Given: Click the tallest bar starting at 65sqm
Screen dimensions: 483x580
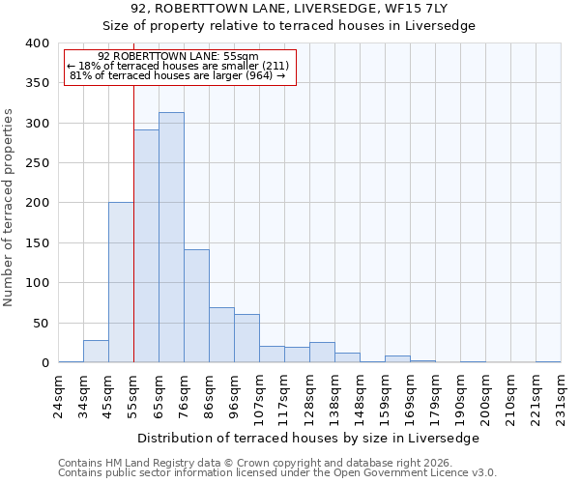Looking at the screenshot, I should coord(171,238).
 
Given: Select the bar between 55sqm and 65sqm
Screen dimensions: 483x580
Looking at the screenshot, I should coord(146,246).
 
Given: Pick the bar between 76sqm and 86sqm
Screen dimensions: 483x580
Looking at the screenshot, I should coord(196,306).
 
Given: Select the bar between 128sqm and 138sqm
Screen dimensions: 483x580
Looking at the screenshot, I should coord(322,353).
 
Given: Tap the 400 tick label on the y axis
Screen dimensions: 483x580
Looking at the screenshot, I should coord(37,43).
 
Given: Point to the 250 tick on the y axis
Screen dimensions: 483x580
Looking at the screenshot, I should coord(37,163).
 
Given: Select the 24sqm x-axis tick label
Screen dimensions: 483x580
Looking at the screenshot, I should coord(59,393).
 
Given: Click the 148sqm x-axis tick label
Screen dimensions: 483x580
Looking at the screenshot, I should coord(361,393).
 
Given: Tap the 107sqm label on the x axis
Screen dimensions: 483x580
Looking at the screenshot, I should coord(260,393).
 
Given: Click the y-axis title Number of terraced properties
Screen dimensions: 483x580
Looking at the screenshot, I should coord(9,208).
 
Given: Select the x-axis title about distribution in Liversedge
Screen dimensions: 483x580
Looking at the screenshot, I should coord(315,438).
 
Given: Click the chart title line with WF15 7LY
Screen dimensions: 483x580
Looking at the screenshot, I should coord(289,9).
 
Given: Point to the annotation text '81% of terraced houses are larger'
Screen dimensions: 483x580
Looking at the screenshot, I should coord(178,75).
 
